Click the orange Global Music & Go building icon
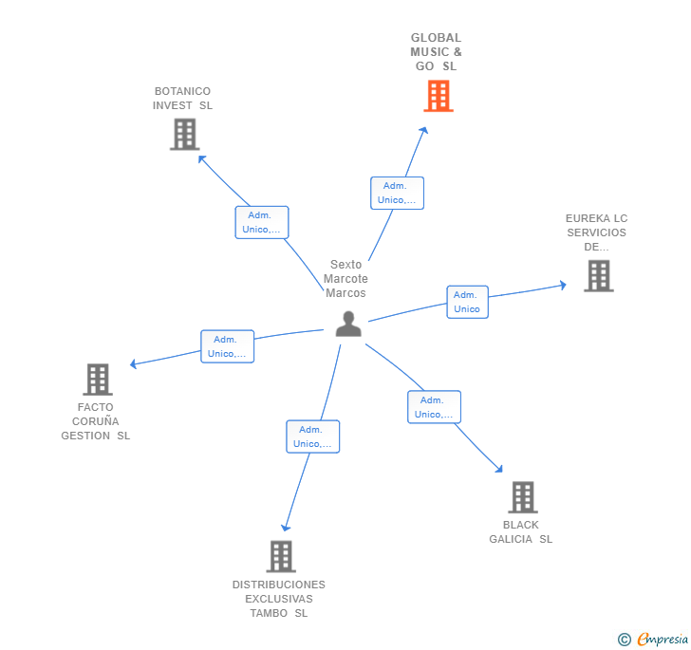click(438, 96)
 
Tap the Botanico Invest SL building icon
click(184, 135)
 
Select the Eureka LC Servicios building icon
click(598, 276)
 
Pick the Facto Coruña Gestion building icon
click(97, 380)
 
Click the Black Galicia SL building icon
click(522, 497)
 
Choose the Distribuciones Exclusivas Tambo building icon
click(280, 556)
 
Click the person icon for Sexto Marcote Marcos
click(348, 324)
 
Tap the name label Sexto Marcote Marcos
click(345, 279)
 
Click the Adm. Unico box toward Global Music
click(397, 193)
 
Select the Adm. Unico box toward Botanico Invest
click(262, 222)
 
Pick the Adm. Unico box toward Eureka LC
click(467, 302)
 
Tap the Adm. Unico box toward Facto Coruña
click(227, 346)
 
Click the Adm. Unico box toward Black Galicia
click(434, 407)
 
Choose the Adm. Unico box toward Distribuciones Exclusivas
click(312, 436)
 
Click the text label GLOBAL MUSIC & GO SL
click(436, 52)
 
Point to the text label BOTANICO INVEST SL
click(183, 99)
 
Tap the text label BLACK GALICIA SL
click(520, 532)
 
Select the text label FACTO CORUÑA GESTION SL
click(96, 421)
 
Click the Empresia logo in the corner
click(654, 640)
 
